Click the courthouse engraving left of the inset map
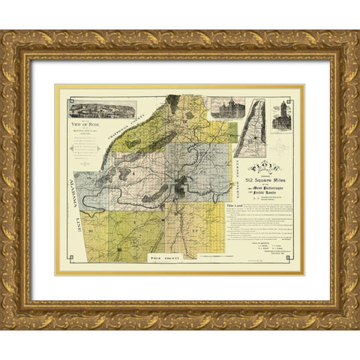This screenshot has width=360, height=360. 223,108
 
